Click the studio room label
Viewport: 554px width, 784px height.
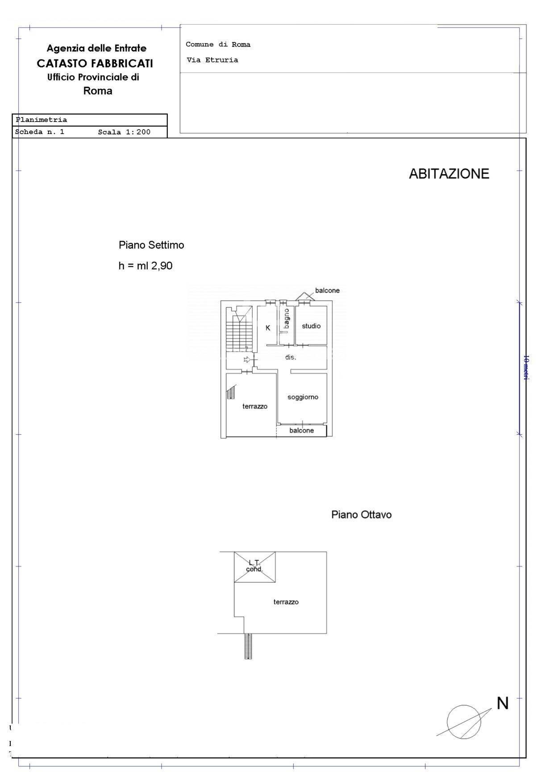(311, 326)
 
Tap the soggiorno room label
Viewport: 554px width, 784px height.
(303, 397)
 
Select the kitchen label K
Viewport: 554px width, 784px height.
(268, 328)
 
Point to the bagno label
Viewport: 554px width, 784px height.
(286, 319)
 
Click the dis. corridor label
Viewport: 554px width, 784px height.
(291, 357)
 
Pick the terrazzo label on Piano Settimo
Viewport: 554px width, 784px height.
(255, 407)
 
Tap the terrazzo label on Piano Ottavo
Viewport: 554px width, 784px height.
(286, 602)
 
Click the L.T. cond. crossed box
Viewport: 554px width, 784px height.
(255, 567)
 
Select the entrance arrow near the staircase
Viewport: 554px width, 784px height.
(246, 360)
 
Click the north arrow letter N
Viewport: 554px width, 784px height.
(503, 704)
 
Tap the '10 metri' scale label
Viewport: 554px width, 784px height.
(526, 368)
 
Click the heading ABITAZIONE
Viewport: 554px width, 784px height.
(449, 174)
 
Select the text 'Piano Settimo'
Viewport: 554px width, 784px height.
(151, 245)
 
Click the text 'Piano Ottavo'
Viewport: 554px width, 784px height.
(362, 515)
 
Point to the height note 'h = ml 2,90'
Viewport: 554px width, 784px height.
(146, 266)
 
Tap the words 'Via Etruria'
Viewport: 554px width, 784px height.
(212, 60)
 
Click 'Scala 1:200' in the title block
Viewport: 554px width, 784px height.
(124, 132)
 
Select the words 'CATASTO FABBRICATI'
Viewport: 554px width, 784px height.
(95, 63)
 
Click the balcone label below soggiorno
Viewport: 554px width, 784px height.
(302, 431)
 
